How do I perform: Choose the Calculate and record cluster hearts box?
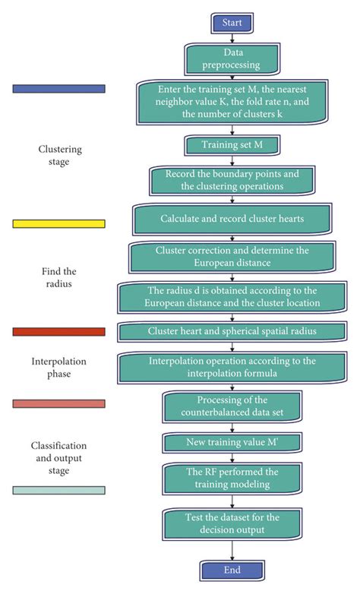(x=232, y=219)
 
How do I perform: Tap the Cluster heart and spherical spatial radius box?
(x=232, y=332)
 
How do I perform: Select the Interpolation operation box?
(x=232, y=367)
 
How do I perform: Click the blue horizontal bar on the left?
(x=59, y=89)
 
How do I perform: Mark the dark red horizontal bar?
(x=59, y=332)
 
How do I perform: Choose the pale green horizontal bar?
(x=59, y=491)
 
